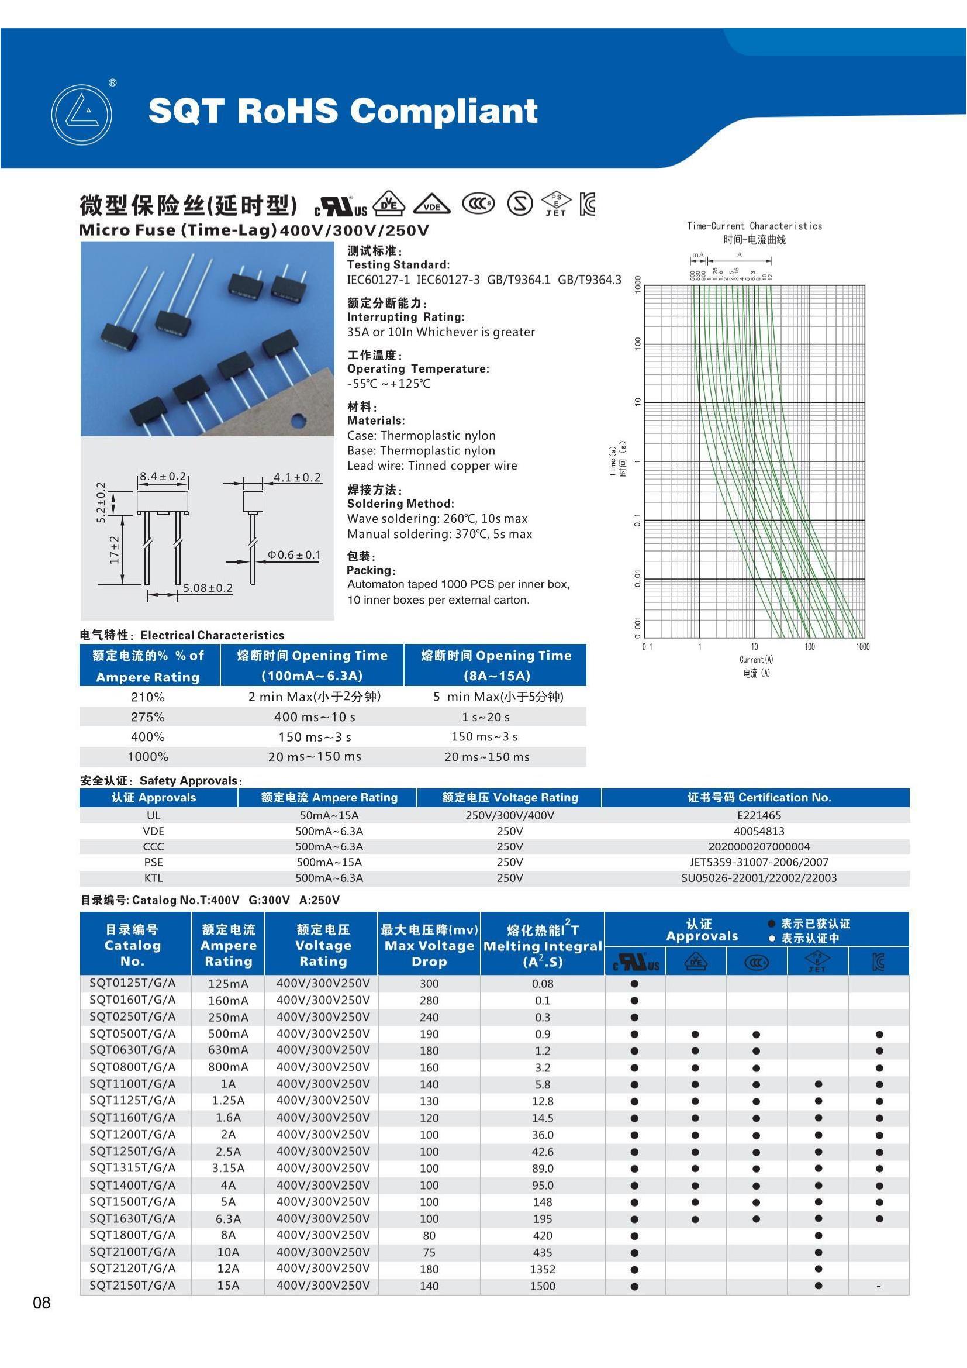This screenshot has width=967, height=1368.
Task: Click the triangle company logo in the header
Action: point(82,115)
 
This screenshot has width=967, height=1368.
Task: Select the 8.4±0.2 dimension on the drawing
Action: point(162,476)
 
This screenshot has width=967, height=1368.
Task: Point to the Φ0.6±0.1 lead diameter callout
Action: point(294,554)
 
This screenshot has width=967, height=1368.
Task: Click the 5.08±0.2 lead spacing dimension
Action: point(207,588)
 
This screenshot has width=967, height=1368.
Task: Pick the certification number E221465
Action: point(759,815)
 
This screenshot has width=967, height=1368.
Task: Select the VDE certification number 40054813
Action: point(759,831)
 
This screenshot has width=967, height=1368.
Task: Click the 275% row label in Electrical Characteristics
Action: point(148,717)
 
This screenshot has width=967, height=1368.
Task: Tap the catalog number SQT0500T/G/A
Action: point(132,1033)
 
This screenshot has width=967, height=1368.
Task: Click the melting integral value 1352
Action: point(543,1269)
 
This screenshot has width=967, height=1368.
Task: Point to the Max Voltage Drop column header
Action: point(429,946)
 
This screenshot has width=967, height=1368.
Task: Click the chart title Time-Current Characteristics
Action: point(754,226)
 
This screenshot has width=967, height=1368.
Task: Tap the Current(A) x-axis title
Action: point(755,660)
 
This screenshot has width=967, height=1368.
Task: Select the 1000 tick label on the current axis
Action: point(862,646)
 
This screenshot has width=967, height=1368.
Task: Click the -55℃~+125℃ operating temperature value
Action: point(388,384)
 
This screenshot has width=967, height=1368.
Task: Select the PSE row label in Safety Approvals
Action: point(153,862)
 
